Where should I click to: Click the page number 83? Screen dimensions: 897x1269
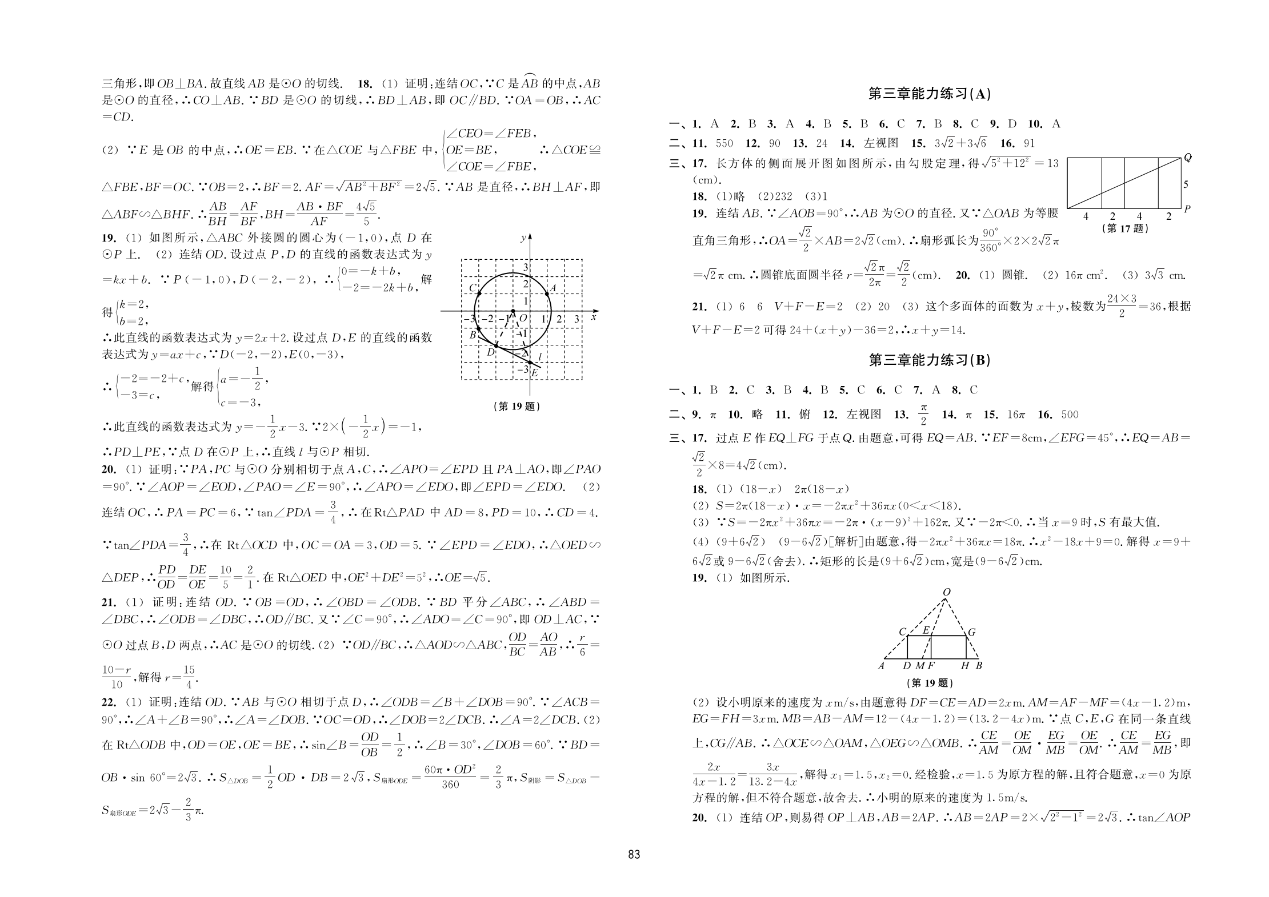click(634, 855)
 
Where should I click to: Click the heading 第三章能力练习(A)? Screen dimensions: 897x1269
click(929, 94)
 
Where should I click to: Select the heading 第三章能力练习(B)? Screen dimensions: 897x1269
click(929, 360)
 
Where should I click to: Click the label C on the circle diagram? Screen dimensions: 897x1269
click(473, 288)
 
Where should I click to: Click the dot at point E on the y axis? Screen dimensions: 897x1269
click(530, 363)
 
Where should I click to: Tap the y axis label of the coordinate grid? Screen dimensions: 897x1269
click(523, 238)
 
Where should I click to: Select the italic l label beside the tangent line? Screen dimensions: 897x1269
click(539, 357)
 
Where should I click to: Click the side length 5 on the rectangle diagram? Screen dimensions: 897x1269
click(1186, 184)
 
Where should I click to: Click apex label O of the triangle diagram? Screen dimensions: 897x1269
click(946, 593)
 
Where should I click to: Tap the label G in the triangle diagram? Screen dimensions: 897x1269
click(971, 632)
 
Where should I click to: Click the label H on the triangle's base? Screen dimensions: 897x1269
click(965, 666)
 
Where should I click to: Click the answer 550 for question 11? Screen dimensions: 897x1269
click(724, 143)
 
